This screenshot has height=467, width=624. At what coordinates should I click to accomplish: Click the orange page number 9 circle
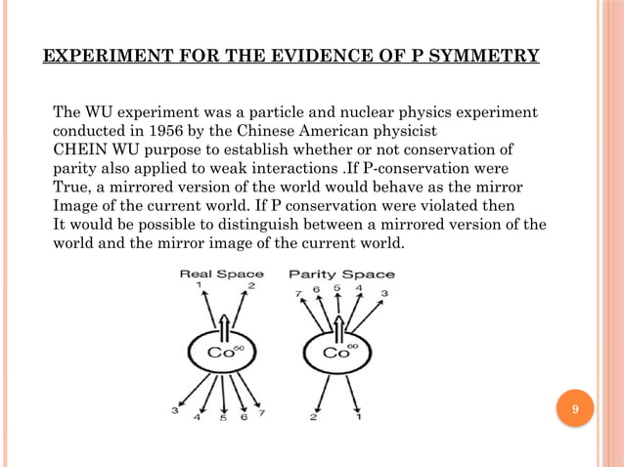[576, 407]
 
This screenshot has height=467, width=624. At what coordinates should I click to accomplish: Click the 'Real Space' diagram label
[222, 274]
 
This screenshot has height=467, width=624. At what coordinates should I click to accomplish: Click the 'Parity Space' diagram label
[341, 274]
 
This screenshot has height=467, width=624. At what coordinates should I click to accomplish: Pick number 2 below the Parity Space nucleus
[314, 418]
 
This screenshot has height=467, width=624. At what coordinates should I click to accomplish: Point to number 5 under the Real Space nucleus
[222, 419]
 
